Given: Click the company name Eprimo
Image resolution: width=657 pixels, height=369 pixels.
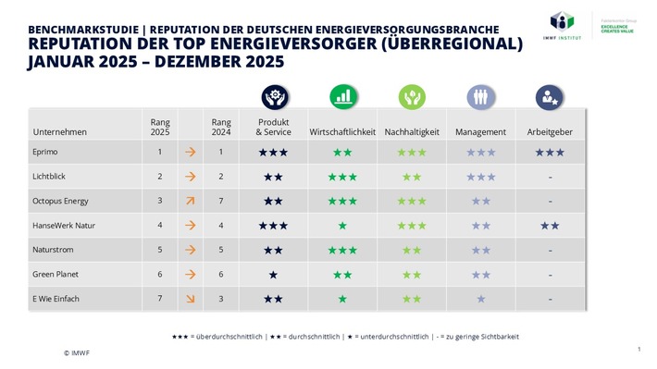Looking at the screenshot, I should (x=45, y=152).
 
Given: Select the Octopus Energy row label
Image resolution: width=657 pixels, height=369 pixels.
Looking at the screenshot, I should (x=60, y=201).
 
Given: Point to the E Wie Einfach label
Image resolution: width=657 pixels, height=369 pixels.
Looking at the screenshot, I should (x=56, y=299).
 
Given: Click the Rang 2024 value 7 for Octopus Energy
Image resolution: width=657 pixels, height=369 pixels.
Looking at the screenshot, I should (x=220, y=201).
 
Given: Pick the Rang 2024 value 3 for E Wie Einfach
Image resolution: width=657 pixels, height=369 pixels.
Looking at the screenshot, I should (x=220, y=299).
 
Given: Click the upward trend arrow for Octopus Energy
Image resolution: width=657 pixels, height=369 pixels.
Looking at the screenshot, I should (x=190, y=201).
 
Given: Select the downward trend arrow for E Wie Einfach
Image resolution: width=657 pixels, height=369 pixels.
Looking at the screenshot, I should (x=190, y=299).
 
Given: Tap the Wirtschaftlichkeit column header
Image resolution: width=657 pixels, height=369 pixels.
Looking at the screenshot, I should (x=342, y=132).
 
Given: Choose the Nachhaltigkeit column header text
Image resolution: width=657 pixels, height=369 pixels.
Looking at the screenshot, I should (x=412, y=132).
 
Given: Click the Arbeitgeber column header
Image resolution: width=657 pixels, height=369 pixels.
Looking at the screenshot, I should (x=550, y=132).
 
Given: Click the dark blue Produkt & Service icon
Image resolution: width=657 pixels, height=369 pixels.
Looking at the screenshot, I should (x=273, y=96).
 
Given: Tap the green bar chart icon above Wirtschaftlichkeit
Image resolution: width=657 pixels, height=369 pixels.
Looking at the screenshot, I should (x=342, y=96).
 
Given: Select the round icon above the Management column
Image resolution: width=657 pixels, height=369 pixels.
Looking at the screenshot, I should (x=480, y=96).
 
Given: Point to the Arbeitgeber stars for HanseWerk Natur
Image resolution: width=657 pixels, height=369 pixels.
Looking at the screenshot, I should (x=550, y=226).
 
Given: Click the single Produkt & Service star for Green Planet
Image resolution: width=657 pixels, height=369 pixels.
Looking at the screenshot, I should (x=273, y=275).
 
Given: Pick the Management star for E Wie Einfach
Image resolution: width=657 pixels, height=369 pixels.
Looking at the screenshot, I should (x=480, y=299).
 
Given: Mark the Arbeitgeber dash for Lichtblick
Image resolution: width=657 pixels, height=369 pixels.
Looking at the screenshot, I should (x=550, y=176).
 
